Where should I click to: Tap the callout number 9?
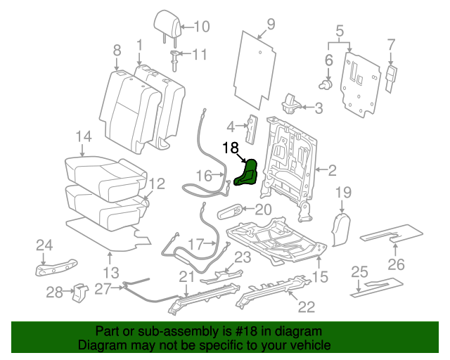[x=270, y=28]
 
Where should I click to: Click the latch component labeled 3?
[x=290, y=104]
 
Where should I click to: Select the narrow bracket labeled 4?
[x=250, y=129]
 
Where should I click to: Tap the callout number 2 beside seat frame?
[x=332, y=169]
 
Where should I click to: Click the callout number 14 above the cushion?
[x=84, y=136]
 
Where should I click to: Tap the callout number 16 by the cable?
[x=204, y=176]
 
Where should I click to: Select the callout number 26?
[x=397, y=264]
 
